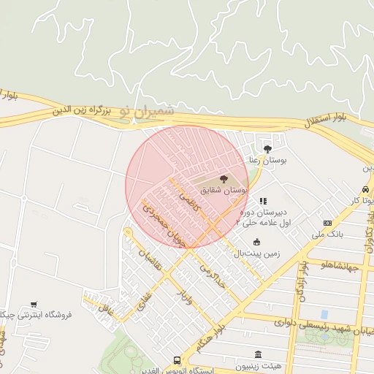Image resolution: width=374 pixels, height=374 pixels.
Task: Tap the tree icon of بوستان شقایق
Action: pos(224,179)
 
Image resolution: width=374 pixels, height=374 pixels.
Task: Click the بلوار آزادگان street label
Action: pos(301,285)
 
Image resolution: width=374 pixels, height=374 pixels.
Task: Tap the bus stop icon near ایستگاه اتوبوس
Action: pos(177,360)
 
